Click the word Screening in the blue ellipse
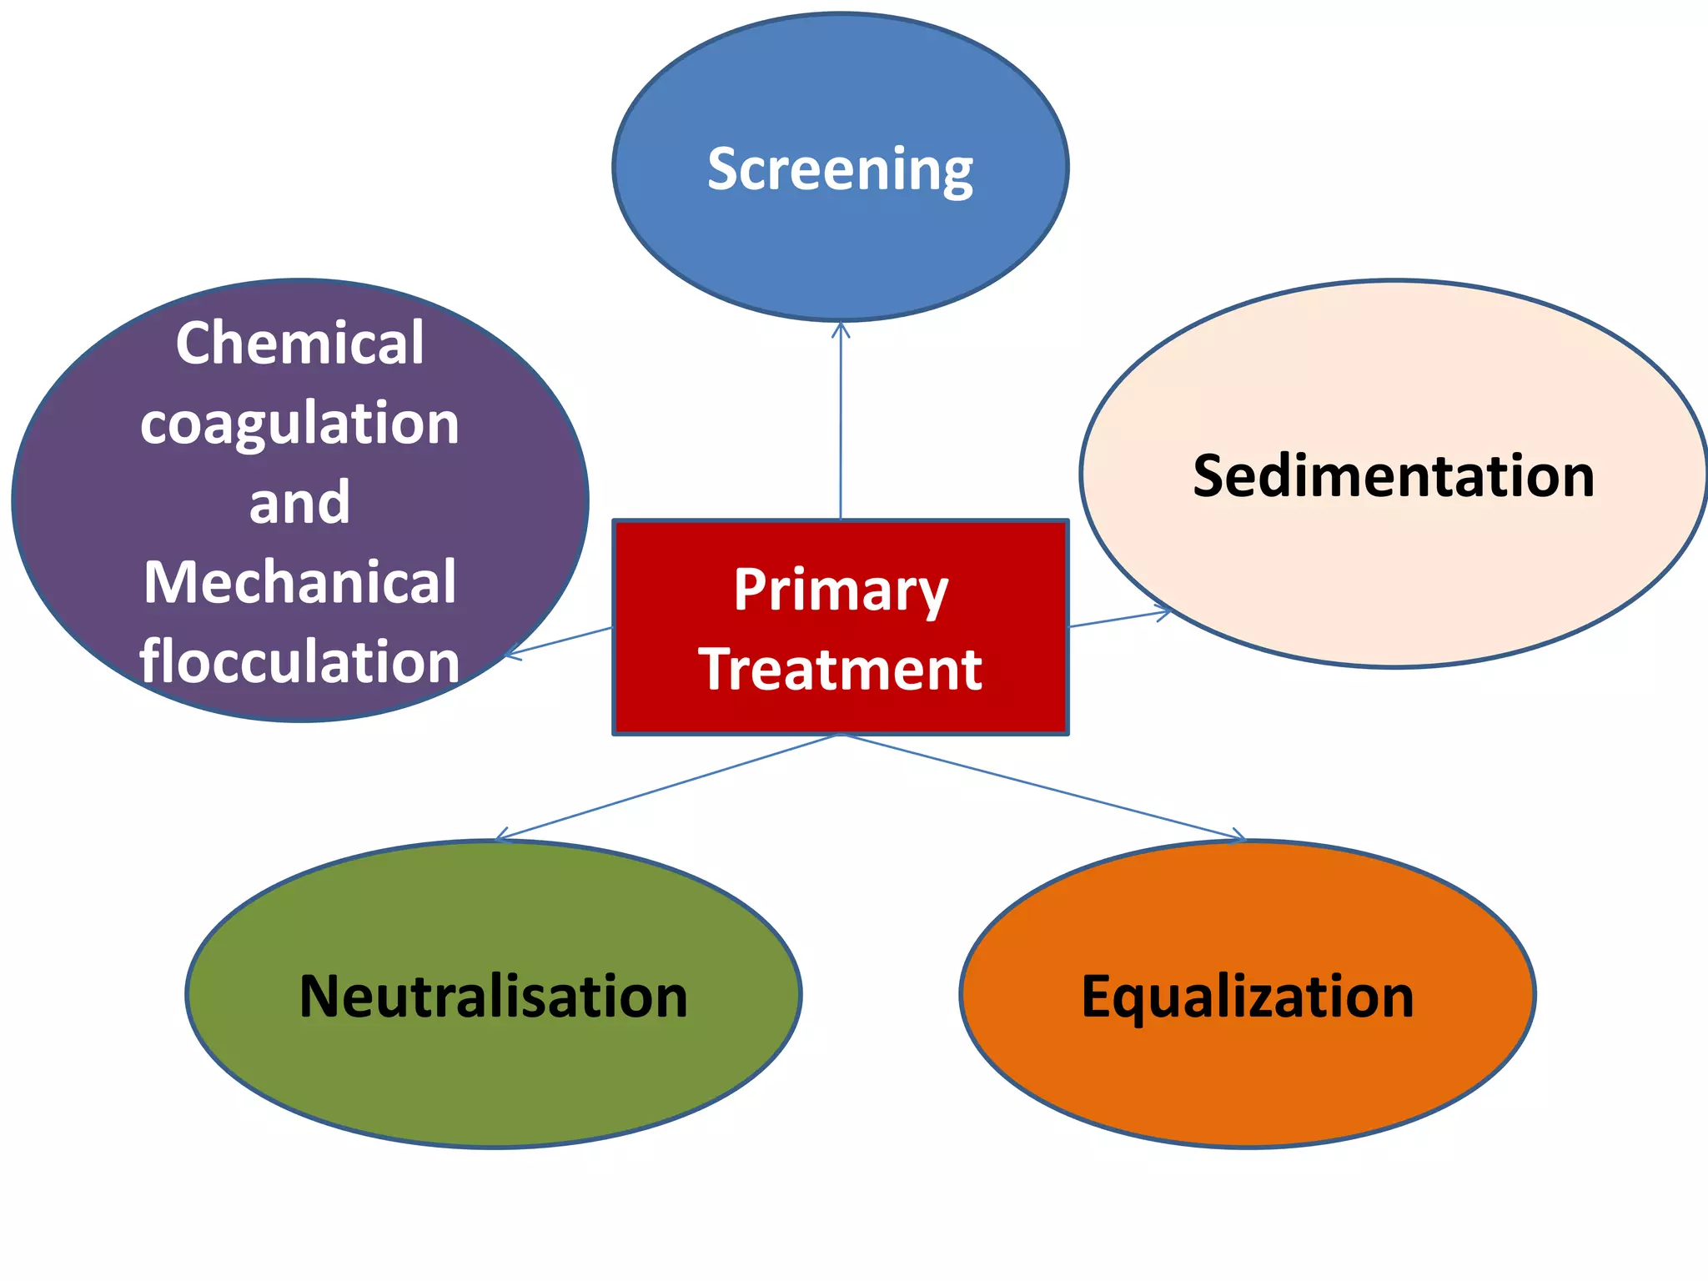(x=840, y=169)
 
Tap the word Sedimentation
(x=1394, y=476)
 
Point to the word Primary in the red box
(x=841, y=590)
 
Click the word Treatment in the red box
(x=841, y=670)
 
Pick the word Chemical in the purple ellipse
(x=299, y=343)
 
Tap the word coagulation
(x=299, y=424)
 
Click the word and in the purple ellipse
(x=299, y=503)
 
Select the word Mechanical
(x=299, y=582)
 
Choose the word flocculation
(x=299, y=661)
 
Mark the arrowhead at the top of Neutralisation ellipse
(x=500, y=836)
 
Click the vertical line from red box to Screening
(x=841, y=425)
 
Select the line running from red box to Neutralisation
(x=667, y=786)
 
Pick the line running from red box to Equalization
(x=1042, y=786)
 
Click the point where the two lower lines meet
(x=841, y=735)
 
